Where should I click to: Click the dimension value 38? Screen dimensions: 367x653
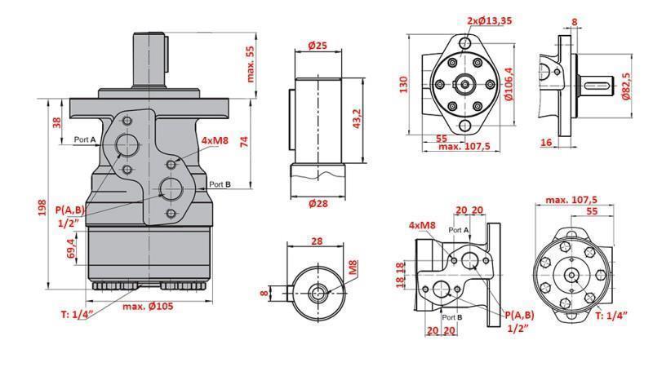coord(57,123)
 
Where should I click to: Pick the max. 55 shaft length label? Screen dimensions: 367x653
coord(250,64)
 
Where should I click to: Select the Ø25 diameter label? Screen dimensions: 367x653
coord(318,46)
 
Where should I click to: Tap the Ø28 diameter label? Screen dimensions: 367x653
coord(318,204)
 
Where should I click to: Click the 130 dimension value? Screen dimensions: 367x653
coord(402,85)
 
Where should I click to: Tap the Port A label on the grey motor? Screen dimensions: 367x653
coord(85,140)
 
